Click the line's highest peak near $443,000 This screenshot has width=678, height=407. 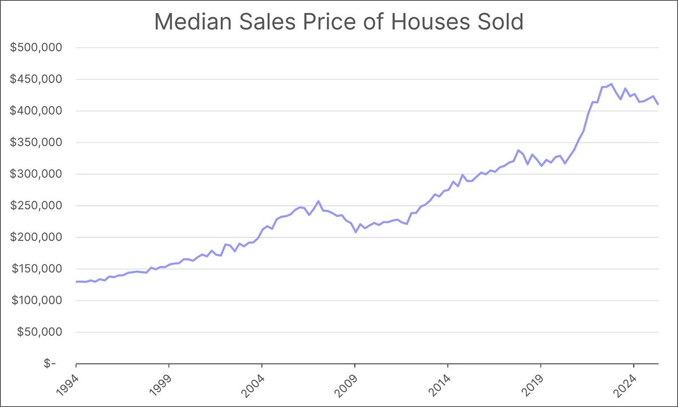[611, 84]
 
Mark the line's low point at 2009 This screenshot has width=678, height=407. [356, 232]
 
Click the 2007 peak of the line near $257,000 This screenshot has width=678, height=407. [318, 201]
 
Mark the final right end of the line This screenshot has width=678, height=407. [658, 104]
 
